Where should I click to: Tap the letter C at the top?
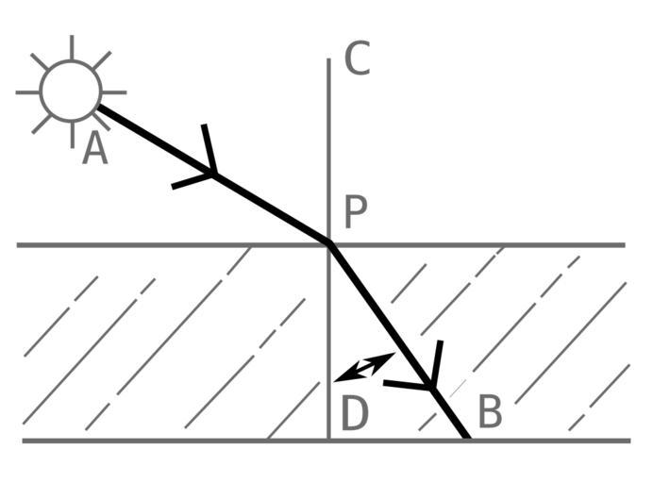coord(357,58)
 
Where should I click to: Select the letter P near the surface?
coord(355,213)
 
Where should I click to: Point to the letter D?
coord(354,415)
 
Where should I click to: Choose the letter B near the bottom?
coord(490,413)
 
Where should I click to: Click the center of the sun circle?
coord(72,92)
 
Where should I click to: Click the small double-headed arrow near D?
coord(364,367)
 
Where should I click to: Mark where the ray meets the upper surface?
coord(329,244)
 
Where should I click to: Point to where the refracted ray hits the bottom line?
coord(467,440)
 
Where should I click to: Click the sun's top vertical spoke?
coord(72,46)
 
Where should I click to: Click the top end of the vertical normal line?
coord(329,60)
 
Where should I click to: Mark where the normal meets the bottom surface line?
coord(329,440)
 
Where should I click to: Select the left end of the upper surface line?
coord(19,245)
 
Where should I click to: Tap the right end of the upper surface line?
coord(624,245)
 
